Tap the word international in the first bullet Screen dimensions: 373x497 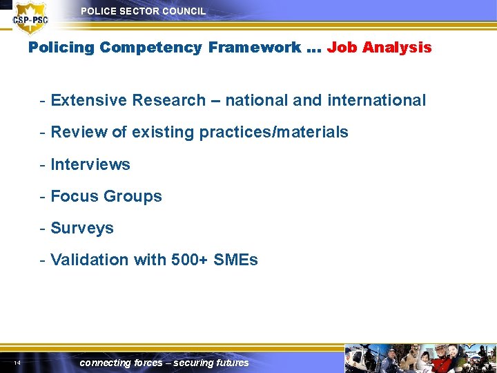click(x=376, y=100)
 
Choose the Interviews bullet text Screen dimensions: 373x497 click(x=90, y=164)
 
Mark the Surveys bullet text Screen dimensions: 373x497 click(x=81, y=228)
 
